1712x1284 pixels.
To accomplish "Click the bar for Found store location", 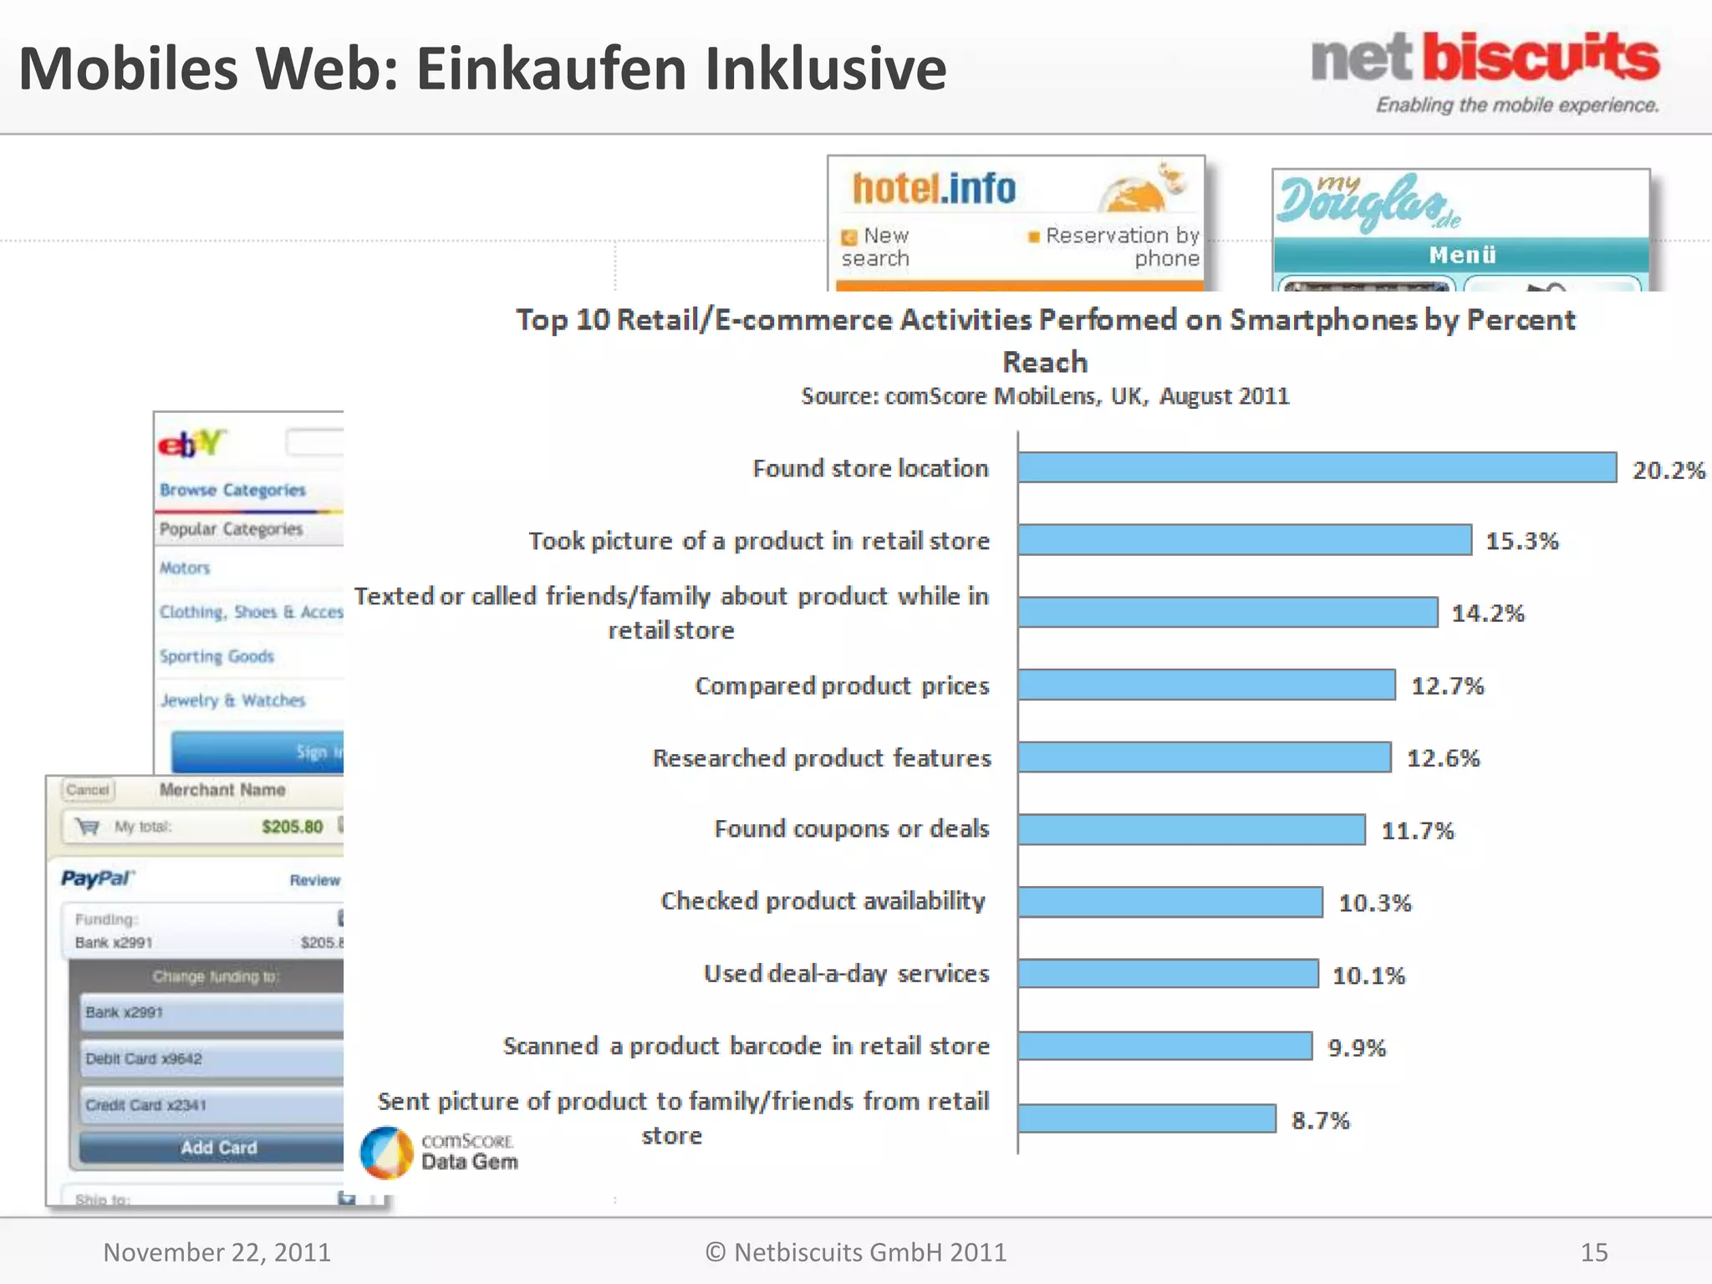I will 1317,467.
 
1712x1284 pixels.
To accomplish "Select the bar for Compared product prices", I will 1206,685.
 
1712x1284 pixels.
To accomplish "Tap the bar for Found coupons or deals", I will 1191,829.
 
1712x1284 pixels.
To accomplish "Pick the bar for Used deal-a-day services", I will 1168,974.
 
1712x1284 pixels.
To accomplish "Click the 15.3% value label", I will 1521,541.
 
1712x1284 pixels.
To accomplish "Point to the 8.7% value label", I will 1320,1120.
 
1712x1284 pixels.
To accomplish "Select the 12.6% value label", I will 1443,758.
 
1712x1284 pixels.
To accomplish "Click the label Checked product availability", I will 823,901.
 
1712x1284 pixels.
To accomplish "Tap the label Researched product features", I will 822,758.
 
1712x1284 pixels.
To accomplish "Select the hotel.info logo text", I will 934,189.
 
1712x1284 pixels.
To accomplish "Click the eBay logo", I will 191,443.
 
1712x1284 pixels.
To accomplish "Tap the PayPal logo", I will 97,879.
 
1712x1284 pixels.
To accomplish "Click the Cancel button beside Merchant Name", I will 88,790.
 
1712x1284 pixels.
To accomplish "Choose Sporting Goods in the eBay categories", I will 217,656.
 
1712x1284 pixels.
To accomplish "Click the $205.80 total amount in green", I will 292,827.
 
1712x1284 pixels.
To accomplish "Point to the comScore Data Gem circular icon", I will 386,1152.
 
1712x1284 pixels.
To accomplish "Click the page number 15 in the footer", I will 1593,1252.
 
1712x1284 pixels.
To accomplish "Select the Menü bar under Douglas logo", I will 1460,255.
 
